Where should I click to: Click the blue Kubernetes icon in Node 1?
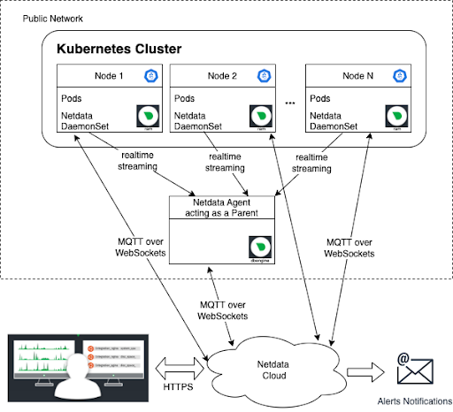tap(150, 76)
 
